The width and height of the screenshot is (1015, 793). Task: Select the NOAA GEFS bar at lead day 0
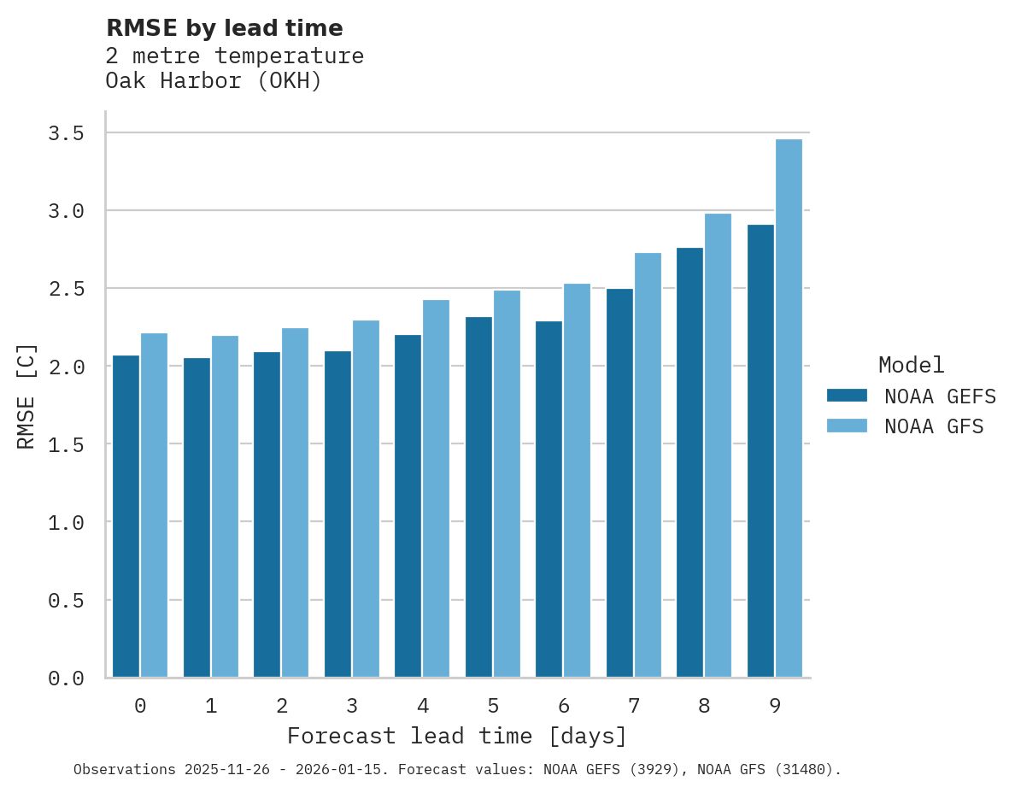pos(126,516)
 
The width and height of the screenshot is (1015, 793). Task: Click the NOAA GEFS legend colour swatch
pos(847,396)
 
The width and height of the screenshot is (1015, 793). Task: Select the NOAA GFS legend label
pos(934,426)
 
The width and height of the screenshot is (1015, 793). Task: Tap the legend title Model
pos(911,365)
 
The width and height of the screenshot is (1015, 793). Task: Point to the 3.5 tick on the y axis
pos(66,133)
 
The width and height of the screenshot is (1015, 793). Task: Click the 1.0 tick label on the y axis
pos(66,522)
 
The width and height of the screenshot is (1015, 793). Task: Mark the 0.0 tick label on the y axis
pos(66,678)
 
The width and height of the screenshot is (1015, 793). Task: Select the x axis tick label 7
pos(633,706)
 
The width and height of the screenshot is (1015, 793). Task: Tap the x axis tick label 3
pos(351,706)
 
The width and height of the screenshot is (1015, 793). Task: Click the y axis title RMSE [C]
pos(26,396)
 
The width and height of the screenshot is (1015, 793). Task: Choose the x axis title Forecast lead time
pos(457,736)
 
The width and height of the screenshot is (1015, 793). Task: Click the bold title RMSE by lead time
pos(224,28)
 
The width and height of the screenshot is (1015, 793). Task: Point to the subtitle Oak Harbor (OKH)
pos(214,81)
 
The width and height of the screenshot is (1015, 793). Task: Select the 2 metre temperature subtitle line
pos(235,56)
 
